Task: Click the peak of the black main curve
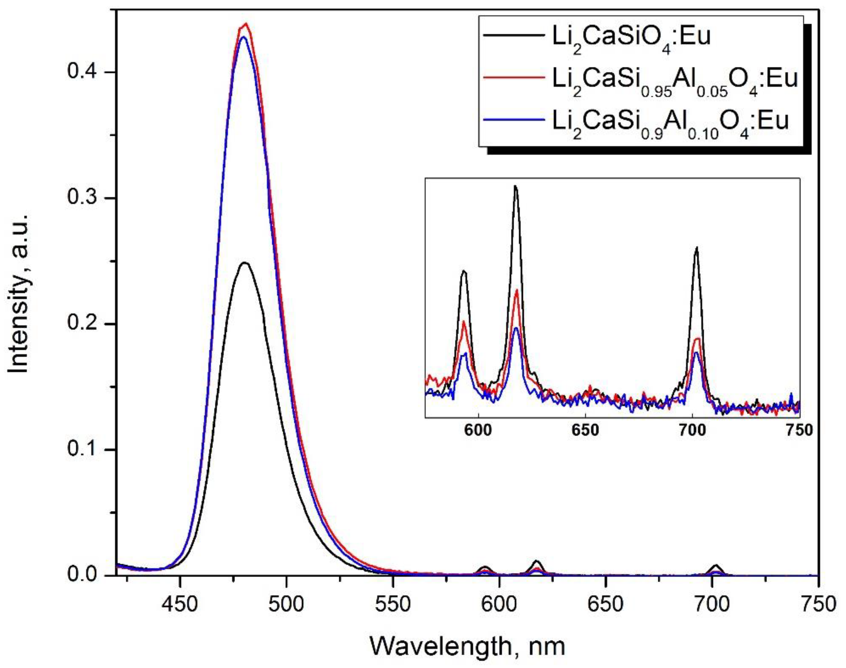pos(245,263)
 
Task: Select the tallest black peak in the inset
pos(515,187)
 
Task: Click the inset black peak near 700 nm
pos(696,248)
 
